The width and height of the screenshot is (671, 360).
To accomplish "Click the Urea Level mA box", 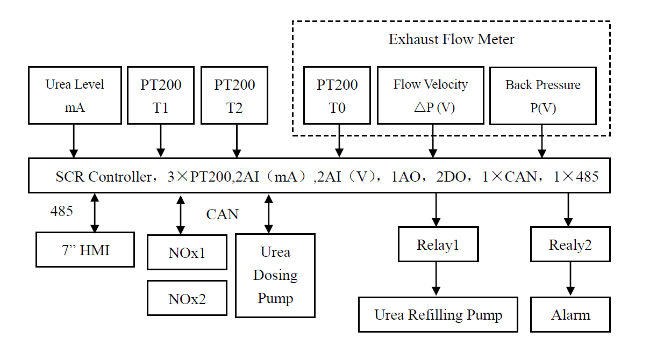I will (x=74, y=95).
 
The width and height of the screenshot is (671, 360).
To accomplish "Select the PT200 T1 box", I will (x=161, y=95).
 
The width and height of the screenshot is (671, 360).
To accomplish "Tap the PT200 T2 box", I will (x=235, y=95).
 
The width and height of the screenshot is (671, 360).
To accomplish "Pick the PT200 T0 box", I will (x=337, y=95).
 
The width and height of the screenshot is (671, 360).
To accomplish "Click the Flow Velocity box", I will (x=430, y=95).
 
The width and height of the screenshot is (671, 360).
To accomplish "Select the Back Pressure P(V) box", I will (x=543, y=96).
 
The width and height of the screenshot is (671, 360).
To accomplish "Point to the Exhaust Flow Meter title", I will (x=451, y=40).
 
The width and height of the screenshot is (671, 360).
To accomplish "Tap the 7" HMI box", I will (x=85, y=249).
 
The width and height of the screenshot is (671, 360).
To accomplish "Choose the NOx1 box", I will (x=187, y=252).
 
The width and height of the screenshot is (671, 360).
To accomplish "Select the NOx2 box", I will (x=187, y=298).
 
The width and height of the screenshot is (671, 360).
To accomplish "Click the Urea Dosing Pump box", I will (x=275, y=275).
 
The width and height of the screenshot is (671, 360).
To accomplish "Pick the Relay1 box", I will (x=438, y=244).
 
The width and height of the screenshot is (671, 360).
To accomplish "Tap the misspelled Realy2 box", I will (x=570, y=244).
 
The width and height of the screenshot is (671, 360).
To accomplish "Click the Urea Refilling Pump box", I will (x=438, y=314).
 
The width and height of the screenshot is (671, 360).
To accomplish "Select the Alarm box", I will (x=570, y=314).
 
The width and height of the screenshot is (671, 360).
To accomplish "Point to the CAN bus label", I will (x=222, y=214).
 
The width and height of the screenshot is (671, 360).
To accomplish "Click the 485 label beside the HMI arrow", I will (x=61, y=211).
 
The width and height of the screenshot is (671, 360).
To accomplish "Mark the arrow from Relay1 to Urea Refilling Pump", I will (x=436, y=279).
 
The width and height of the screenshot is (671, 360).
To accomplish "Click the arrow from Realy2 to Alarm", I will (x=570, y=279).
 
